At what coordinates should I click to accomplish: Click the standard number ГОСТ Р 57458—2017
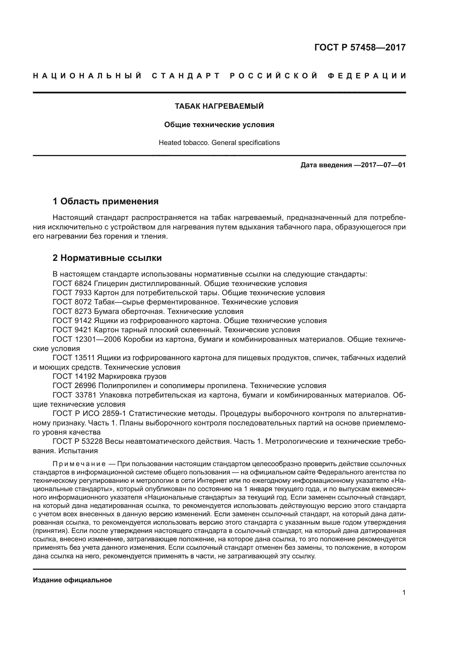click(360, 47)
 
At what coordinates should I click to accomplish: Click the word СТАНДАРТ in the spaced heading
click(186, 76)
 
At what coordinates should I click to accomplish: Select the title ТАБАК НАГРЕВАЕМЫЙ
click(219, 106)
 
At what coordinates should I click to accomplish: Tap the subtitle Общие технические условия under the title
click(219, 125)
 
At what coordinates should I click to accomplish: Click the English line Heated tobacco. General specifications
click(219, 142)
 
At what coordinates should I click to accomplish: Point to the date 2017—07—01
click(383, 165)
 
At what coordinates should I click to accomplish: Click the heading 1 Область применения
click(106, 201)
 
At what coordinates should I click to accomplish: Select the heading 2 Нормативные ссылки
click(107, 258)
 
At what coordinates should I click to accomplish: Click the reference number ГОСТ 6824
click(72, 283)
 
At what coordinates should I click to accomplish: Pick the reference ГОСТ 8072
click(72, 302)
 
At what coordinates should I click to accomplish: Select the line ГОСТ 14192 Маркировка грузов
click(110, 376)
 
